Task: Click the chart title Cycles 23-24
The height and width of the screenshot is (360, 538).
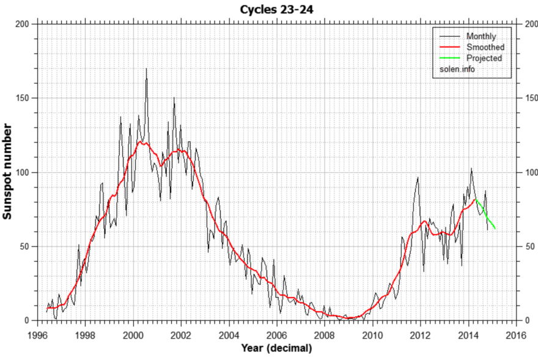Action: point(278,9)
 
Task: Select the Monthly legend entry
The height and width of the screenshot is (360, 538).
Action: point(481,36)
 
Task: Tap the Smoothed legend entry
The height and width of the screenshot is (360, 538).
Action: point(485,47)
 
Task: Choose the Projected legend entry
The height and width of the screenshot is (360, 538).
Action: point(484,58)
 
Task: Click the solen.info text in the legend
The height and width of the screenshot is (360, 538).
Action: point(458,69)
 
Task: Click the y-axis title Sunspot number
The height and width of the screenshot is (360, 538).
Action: point(9,172)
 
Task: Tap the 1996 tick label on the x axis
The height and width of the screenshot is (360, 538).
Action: point(38,335)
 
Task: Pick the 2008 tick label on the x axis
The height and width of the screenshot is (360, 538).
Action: point(325,335)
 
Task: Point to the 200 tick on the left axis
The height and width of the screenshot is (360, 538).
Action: point(23,24)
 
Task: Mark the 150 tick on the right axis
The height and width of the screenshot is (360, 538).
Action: point(531,98)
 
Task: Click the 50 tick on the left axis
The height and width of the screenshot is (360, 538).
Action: point(25,246)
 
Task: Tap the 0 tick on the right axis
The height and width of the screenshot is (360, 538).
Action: point(527,320)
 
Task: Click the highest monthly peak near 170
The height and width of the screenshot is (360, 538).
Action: point(146,69)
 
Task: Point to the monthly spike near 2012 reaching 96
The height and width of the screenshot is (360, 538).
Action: point(418,178)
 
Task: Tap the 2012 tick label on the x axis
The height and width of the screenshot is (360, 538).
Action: point(420,335)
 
